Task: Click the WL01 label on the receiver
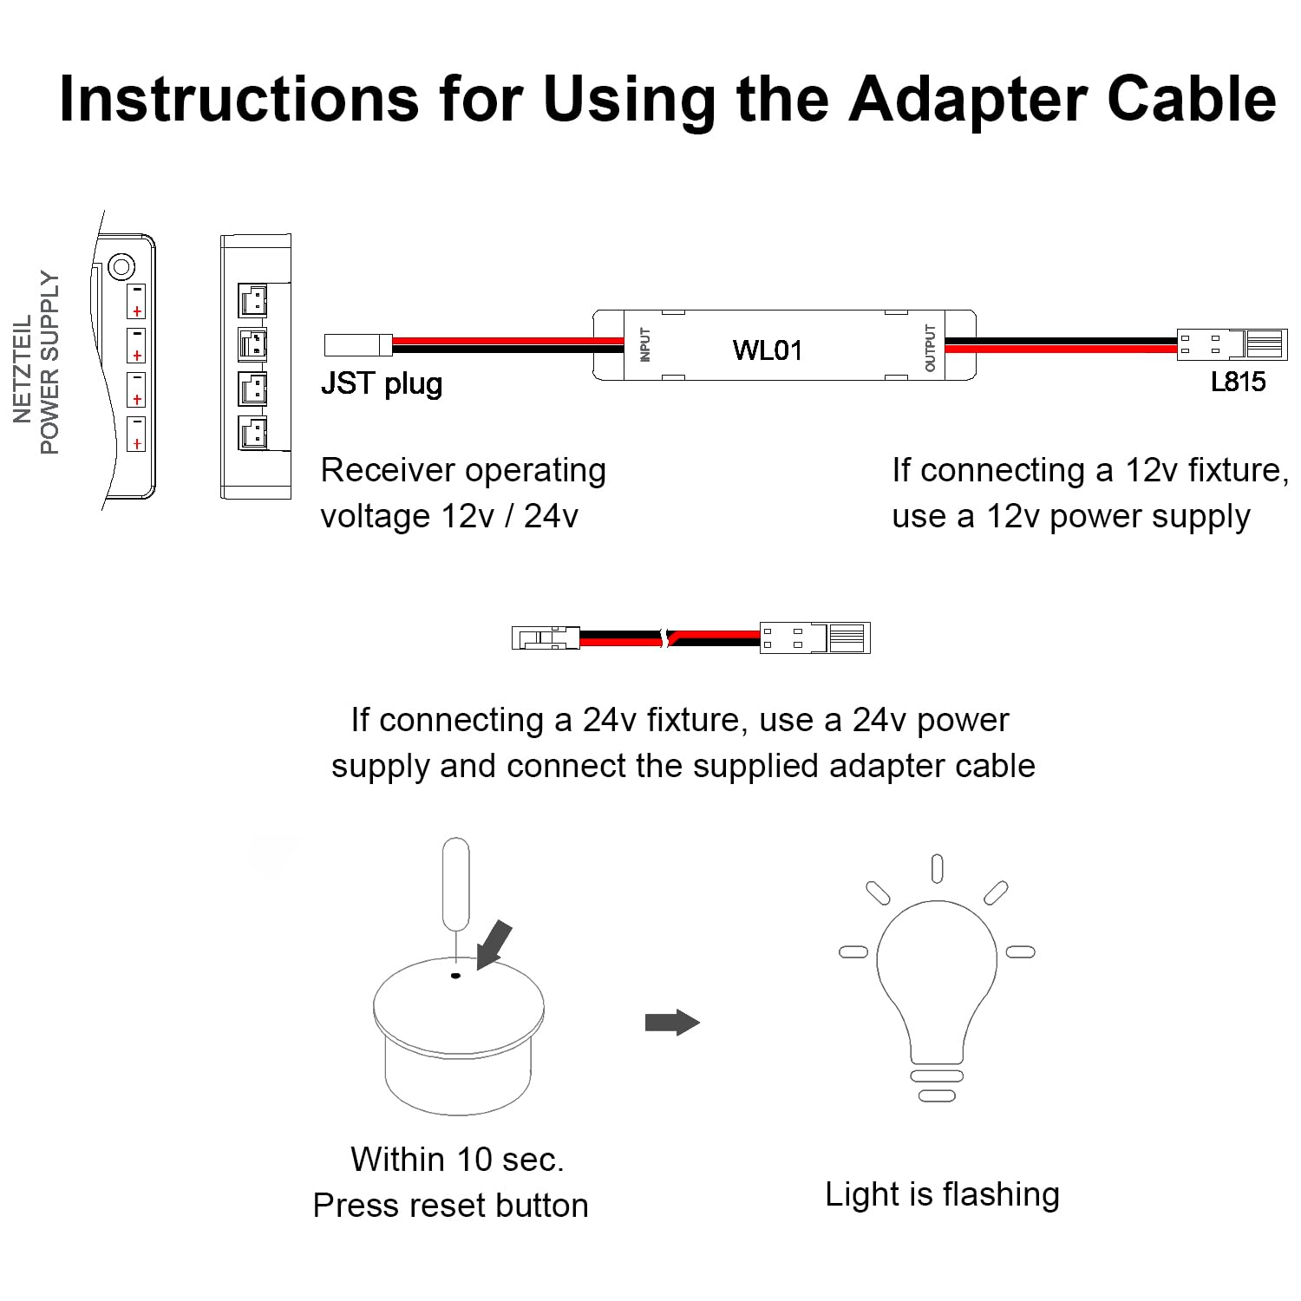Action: [767, 350]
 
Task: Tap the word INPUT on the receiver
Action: [644, 344]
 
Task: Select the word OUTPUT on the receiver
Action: [931, 347]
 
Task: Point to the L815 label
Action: [1238, 382]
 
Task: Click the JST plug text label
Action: [382, 383]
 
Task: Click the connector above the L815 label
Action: [1232, 344]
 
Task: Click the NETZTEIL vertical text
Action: [23, 369]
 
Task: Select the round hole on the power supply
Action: [121, 265]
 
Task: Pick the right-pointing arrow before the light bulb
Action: [672, 1023]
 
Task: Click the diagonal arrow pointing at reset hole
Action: [494, 944]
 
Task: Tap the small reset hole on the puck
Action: [455, 976]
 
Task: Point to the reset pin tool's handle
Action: [455, 880]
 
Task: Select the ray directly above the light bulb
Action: [937, 868]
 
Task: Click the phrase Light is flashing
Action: [942, 1194]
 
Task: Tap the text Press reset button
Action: [450, 1206]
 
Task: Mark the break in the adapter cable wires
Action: [666, 638]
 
